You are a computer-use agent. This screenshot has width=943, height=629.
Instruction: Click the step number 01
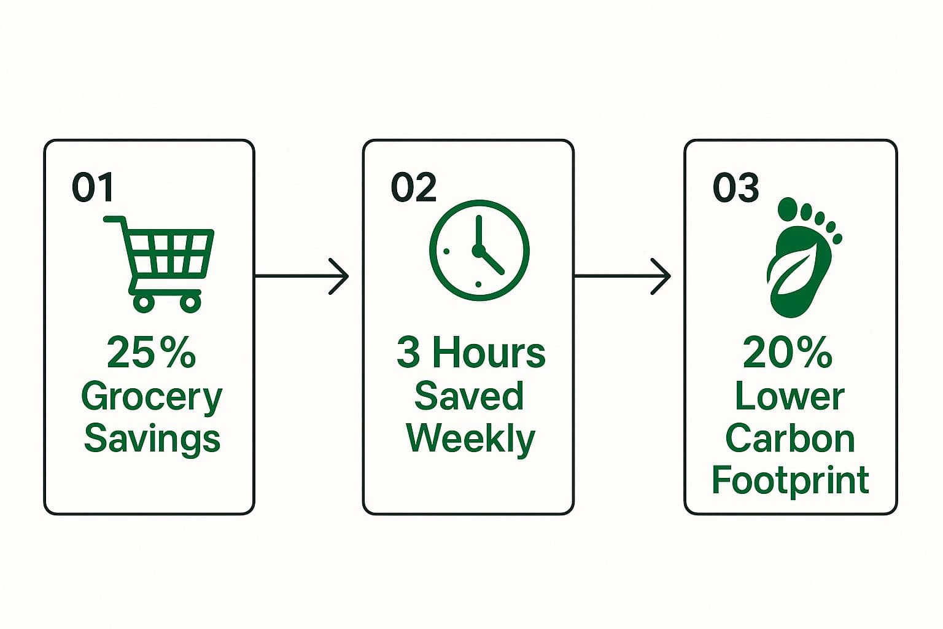pos(93,187)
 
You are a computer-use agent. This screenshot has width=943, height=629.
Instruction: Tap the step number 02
pos(413,187)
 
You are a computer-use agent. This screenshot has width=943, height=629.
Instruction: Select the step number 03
pos(735,187)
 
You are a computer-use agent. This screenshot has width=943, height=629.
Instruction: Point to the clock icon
pos(479,251)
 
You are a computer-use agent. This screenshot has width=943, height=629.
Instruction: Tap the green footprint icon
pos(801,258)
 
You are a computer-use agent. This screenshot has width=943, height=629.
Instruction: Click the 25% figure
pos(151,353)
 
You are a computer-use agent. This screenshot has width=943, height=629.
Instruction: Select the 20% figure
pos(788,353)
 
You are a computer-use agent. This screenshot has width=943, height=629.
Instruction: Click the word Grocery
pos(151,398)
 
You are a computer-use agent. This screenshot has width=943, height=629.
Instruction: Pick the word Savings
pos(152,439)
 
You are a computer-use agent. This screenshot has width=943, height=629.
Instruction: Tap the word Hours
pos(489,353)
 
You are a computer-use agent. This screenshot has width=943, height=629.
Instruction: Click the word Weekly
pos(471,439)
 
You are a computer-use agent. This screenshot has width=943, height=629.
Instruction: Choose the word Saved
pos(469,396)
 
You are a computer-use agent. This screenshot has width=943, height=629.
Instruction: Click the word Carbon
pos(790,439)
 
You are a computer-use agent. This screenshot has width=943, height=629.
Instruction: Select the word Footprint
pos(790,480)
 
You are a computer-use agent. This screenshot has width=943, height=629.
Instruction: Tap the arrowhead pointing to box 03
pos(662,276)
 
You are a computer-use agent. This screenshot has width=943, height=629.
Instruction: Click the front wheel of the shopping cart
pos(190,302)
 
